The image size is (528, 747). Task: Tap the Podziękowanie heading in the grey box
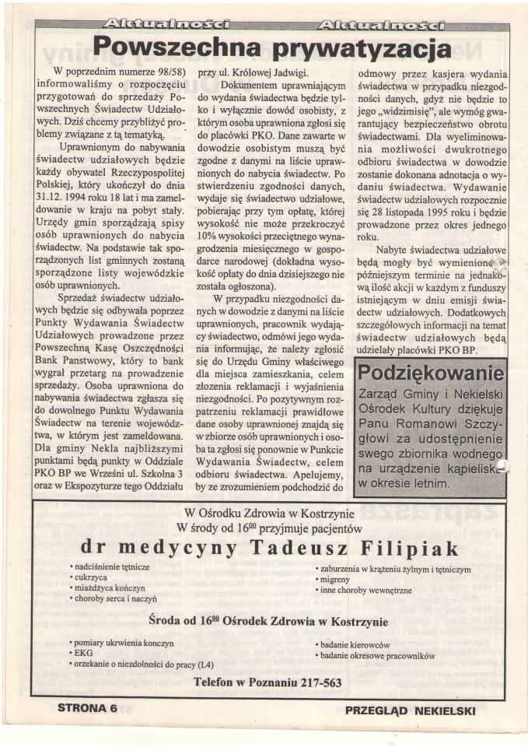point(429,373)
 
